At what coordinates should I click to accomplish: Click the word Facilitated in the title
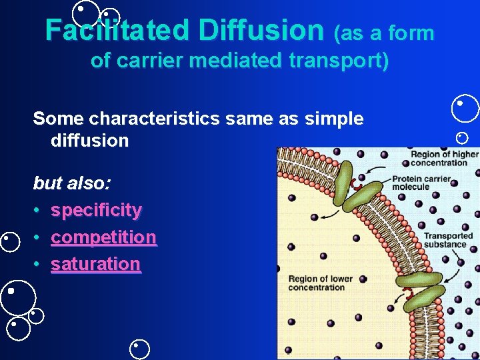(x=117, y=30)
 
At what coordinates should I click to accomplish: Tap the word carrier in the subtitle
(x=149, y=61)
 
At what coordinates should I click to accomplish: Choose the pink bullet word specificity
(x=96, y=211)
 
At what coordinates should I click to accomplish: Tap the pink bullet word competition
(x=103, y=237)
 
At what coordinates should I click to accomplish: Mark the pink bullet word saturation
(x=95, y=264)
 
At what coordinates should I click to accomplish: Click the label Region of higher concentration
(x=444, y=159)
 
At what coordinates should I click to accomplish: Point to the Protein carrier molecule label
(x=421, y=183)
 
